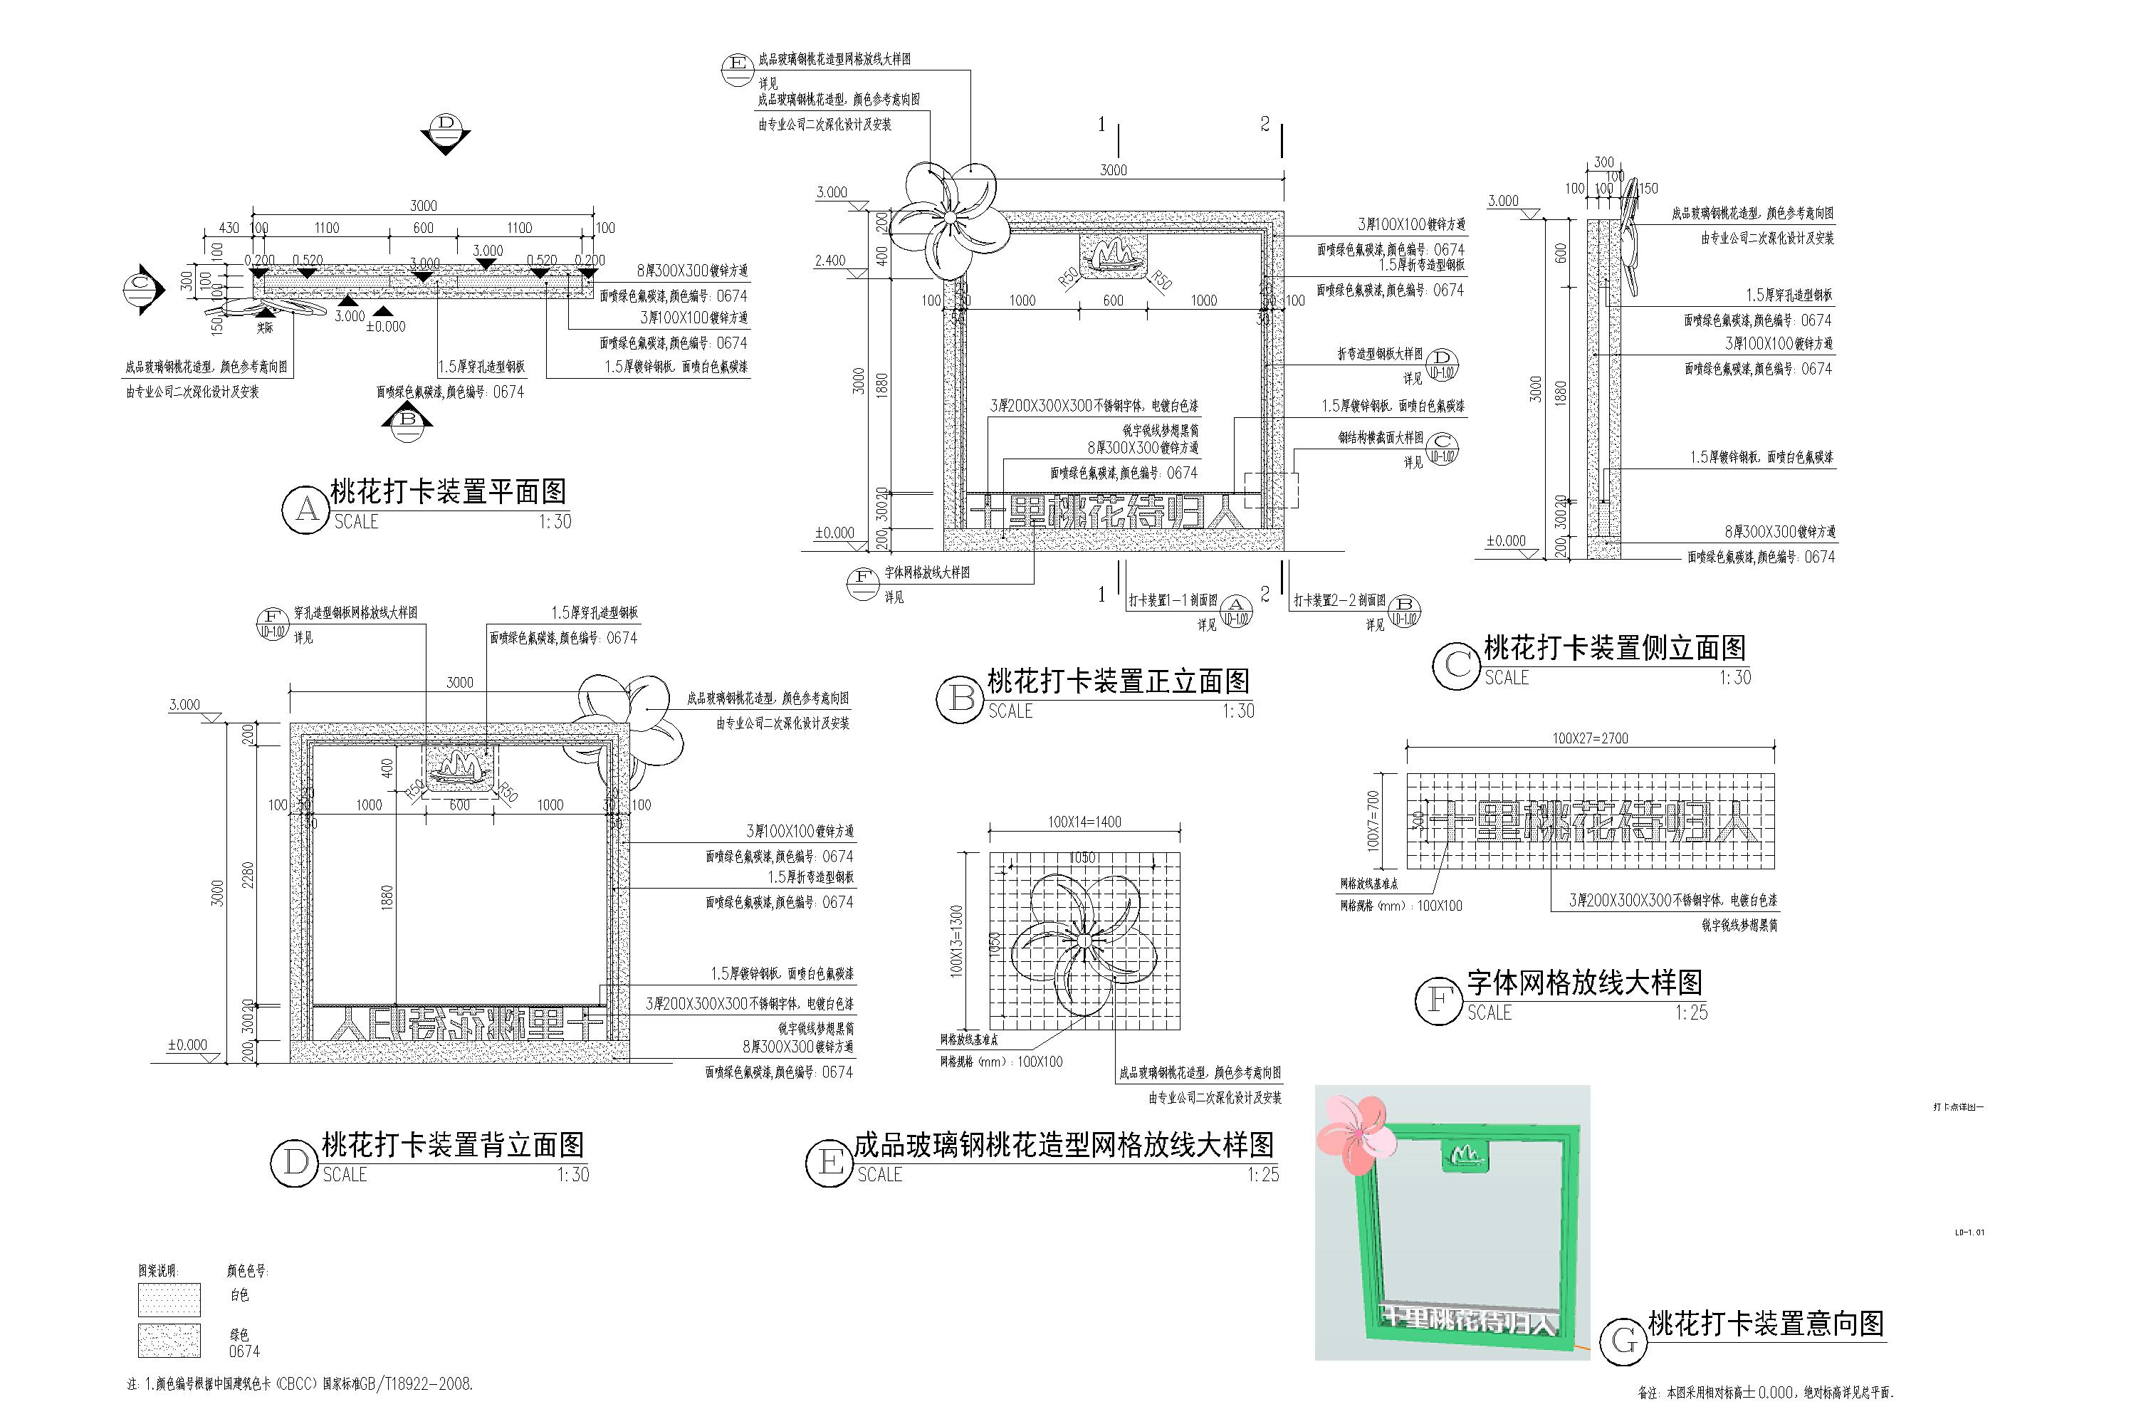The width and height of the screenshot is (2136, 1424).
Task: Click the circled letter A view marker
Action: click(306, 510)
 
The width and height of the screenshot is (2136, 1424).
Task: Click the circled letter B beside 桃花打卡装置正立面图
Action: click(960, 699)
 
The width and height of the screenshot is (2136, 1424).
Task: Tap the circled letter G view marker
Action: click(1623, 1341)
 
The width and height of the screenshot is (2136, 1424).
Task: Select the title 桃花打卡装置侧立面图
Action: click(1614, 647)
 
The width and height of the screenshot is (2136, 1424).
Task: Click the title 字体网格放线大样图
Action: click(1583, 982)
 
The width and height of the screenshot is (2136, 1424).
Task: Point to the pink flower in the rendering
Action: click(1354, 1131)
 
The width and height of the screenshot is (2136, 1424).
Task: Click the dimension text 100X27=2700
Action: click(1589, 738)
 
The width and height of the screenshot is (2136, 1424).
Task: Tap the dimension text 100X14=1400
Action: click(1084, 822)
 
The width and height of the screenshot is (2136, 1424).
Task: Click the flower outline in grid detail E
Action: click(1084, 943)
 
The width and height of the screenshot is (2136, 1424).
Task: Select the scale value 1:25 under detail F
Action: click(1691, 1012)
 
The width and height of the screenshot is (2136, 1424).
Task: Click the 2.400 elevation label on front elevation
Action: click(830, 261)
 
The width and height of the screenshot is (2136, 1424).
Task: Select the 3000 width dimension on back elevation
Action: click(459, 682)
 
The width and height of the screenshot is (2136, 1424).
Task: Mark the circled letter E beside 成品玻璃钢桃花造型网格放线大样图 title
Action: click(830, 1163)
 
